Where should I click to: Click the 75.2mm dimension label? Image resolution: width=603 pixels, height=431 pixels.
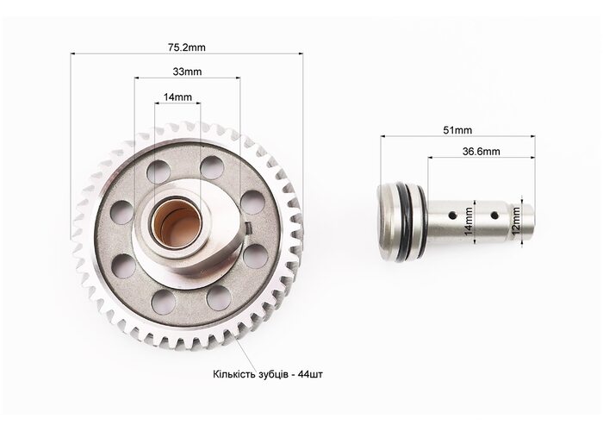tap(187, 47)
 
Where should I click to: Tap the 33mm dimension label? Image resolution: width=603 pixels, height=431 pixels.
tap(187, 72)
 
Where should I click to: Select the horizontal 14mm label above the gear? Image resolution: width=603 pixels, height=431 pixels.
tap(177, 97)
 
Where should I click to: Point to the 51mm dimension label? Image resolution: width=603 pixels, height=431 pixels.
tap(457, 130)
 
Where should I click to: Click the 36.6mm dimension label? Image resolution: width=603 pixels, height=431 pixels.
tap(481, 151)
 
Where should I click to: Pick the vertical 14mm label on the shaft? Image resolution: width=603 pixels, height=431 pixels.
tap(469, 222)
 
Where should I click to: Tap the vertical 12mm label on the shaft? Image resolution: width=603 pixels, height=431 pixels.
tap(516, 222)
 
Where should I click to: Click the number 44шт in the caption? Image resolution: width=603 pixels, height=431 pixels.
tap(310, 374)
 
